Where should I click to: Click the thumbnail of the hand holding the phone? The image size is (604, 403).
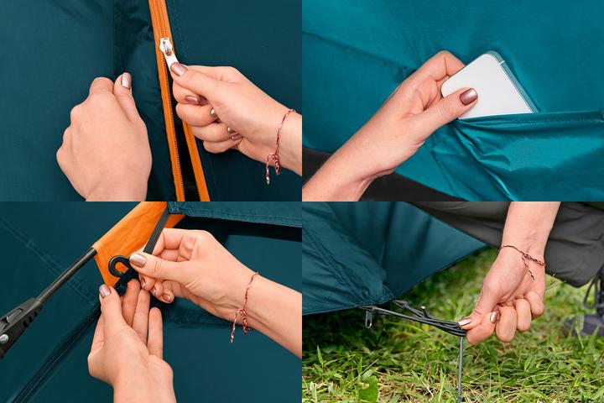[467, 97]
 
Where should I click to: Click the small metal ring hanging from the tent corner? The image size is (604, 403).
[368, 317]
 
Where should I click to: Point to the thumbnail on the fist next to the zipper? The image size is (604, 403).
[125, 81]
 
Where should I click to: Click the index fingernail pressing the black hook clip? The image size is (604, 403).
[138, 260]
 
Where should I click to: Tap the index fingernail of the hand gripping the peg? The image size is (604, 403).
[464, 322]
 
